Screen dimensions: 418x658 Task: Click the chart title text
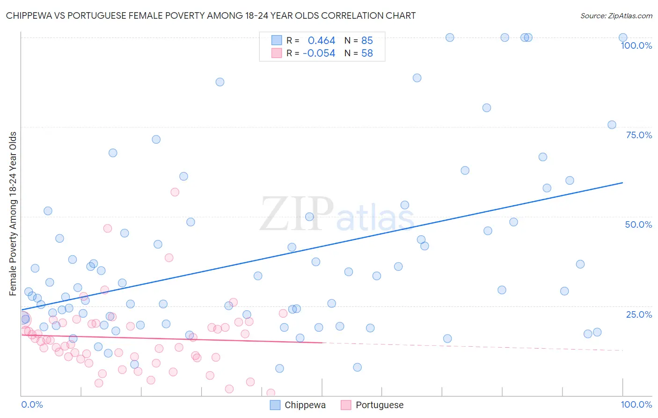pyautogui.click(x=211, y=15)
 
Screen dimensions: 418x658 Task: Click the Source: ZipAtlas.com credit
pyautogui.click(x=616, y=15)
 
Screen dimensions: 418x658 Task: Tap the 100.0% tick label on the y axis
pyautogui.click(x=636, y=45)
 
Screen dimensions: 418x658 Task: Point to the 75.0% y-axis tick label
pyautogui.click(x=639, y=135)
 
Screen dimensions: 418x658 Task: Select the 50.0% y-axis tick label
pyautogui.click(x=638, y=224)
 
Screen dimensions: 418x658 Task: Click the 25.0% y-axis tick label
pyautogui.click(x=639, y=314)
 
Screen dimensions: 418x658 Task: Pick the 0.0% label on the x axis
pyautogui.click(x=32, y=404)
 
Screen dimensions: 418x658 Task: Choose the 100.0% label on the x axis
pyautogui.click(x=636, y=404)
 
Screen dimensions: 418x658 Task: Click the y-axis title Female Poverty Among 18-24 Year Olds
pyautogui.click(x=13, y=214)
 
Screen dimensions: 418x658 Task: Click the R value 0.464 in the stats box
pyautogui.click(x=322, y=41)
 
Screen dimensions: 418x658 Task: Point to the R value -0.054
pyautogui.click(x=319, y=53)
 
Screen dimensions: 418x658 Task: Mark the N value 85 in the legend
pyautogui.click(x=367, y=41)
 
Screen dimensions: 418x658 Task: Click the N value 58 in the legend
pyautogui.click(x=367, y=53)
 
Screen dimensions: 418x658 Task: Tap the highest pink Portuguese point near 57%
pyautogui.click(x=175, y=192)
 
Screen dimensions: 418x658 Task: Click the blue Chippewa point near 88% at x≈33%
pyautogui.click(x=220, y=82)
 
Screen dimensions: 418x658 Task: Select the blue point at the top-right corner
pyautogui.click(x=623, y=37)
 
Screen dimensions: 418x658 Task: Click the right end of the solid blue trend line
pyautogui.click(x=622, y=183)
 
